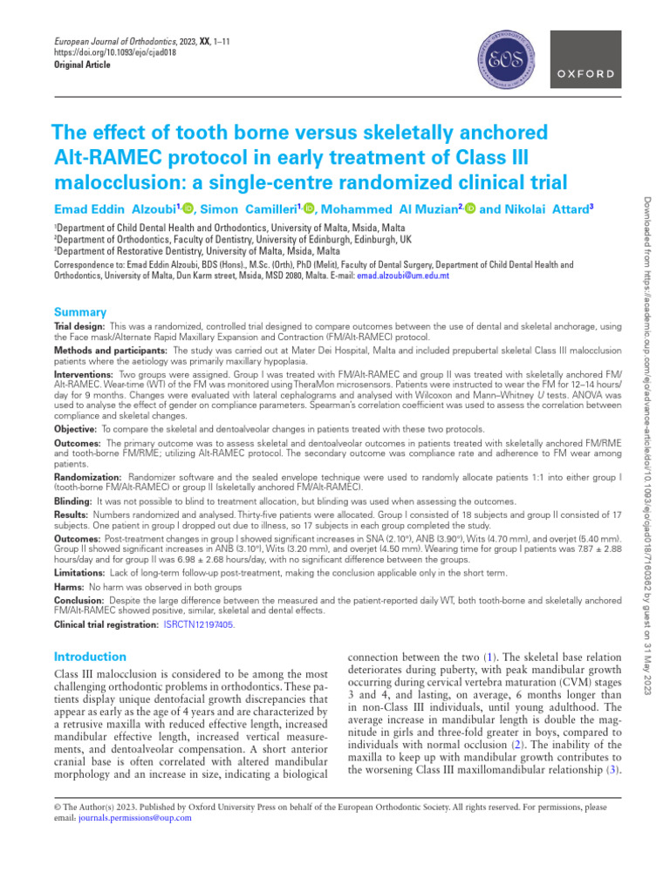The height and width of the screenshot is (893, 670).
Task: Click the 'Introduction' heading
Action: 90,656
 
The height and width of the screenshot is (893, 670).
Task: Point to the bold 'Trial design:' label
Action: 80,325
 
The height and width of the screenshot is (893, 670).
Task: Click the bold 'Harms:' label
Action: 71,589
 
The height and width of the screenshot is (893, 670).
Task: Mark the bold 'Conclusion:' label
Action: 80,600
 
